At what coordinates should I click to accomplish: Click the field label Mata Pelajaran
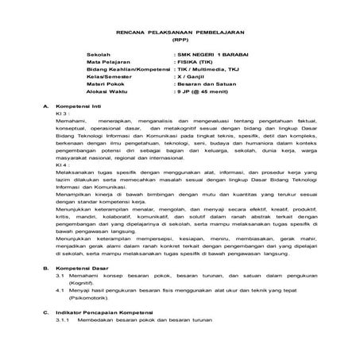click(108, 60)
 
